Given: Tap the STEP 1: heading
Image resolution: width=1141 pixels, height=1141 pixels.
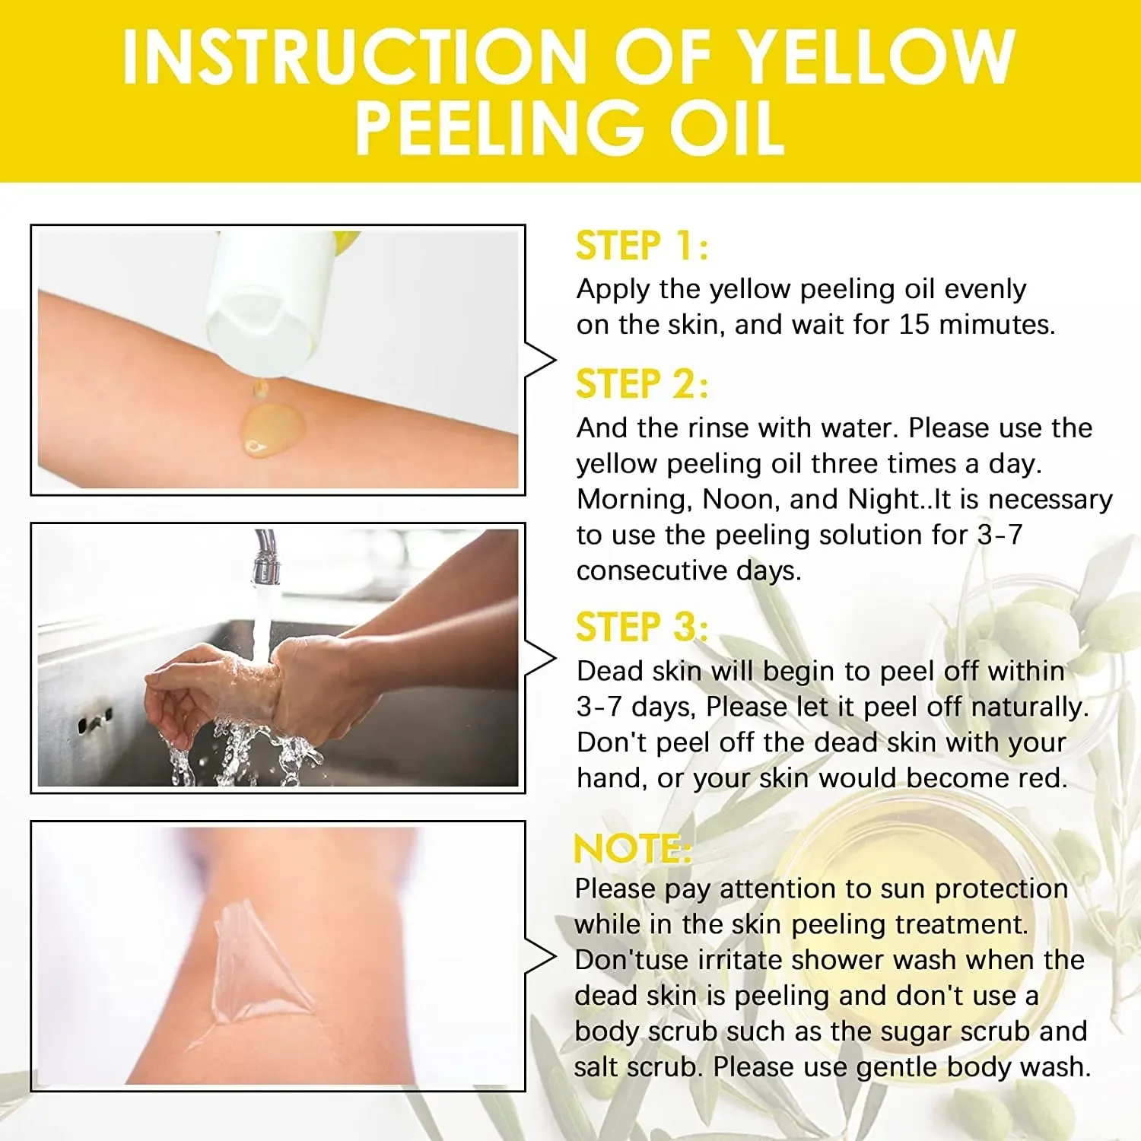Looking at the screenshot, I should [641, 246].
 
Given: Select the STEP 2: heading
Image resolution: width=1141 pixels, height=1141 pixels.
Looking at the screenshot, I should [641, 384].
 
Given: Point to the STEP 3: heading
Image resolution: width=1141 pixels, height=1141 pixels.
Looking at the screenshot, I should [641, 628].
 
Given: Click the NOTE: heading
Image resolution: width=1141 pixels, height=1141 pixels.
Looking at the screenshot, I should [631, 849].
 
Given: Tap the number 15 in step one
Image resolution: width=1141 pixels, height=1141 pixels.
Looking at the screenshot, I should [914, 325].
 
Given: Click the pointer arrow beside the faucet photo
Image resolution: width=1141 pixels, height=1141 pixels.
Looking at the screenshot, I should [542, 659].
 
